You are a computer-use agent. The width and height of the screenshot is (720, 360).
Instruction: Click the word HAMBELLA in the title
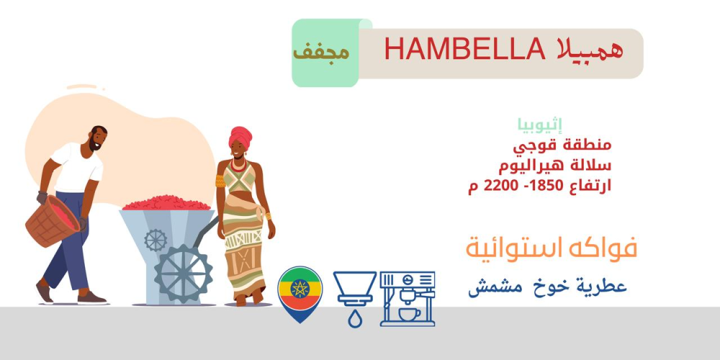464,49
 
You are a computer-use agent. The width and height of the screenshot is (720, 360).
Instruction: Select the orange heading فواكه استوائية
552,249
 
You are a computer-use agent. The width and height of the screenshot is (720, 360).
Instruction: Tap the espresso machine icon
408,299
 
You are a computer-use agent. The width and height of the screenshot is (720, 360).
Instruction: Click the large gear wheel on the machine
183,274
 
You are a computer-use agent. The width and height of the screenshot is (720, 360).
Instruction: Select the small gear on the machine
156,240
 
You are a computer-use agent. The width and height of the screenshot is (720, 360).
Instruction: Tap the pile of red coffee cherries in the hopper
167,203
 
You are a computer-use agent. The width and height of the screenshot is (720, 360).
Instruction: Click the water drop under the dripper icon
354,319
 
